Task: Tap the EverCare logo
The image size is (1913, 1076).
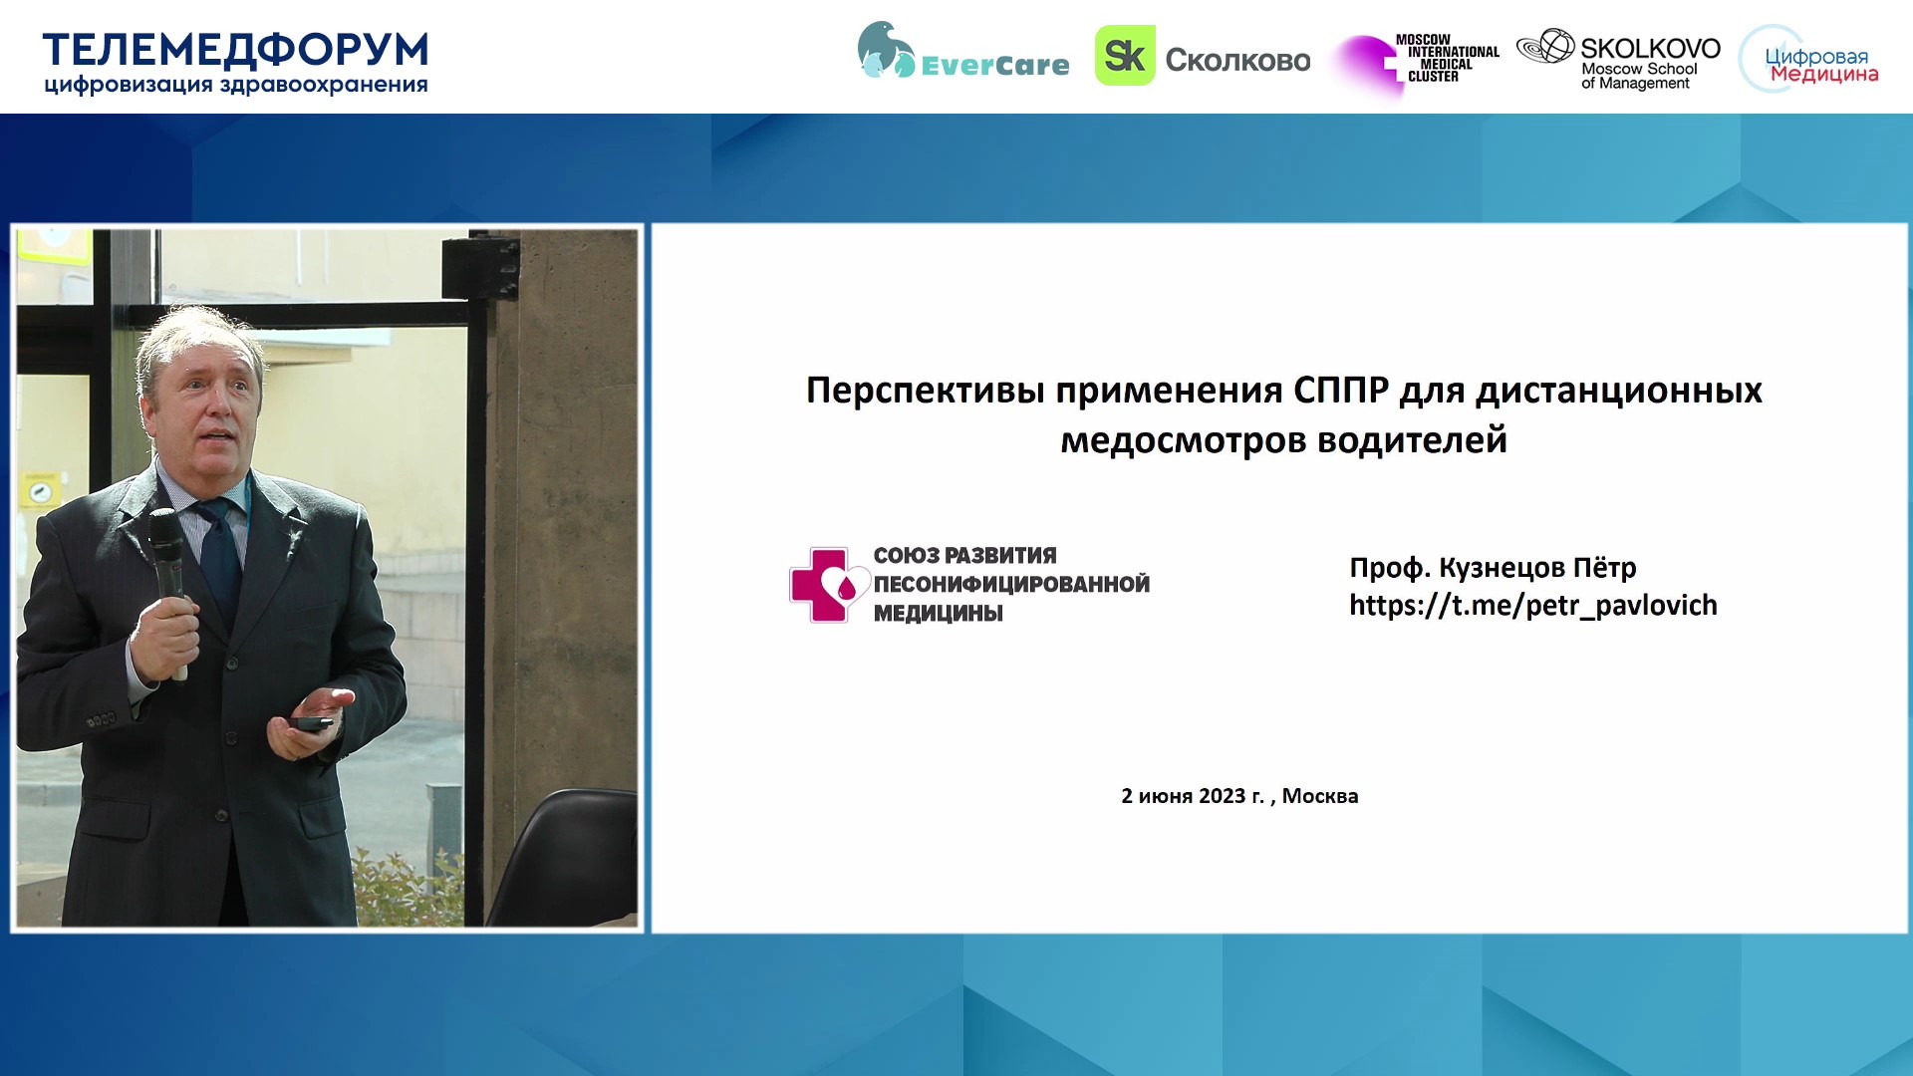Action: [x=962, y=52]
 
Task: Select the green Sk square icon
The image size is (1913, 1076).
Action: [x=1125, y=56]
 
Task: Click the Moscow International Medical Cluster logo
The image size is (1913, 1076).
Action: [x=1417, y=62]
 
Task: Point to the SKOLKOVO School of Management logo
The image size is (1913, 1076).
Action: [x=1619, y=60]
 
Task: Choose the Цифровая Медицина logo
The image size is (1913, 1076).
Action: [x=1809, y=60]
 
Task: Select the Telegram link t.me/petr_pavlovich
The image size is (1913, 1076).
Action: [x=1533, y=606]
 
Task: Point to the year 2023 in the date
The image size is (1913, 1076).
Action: [x=1222, y=796]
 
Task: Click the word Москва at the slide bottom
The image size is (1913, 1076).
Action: [x=1320, y=796]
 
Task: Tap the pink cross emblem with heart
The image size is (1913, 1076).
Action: [x=827, y=585]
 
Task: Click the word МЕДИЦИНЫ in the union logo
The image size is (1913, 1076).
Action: [x=939, y=614]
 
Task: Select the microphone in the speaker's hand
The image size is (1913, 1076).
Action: [x=169, y=588]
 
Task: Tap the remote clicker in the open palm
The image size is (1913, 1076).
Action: [x=312, y=722]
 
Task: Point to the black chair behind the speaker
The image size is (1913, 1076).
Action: [x=563, y=857]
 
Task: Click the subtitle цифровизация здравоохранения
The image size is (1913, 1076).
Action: [x=236, y=86]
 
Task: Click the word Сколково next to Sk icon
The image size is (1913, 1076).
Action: [x=1238, y=60]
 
